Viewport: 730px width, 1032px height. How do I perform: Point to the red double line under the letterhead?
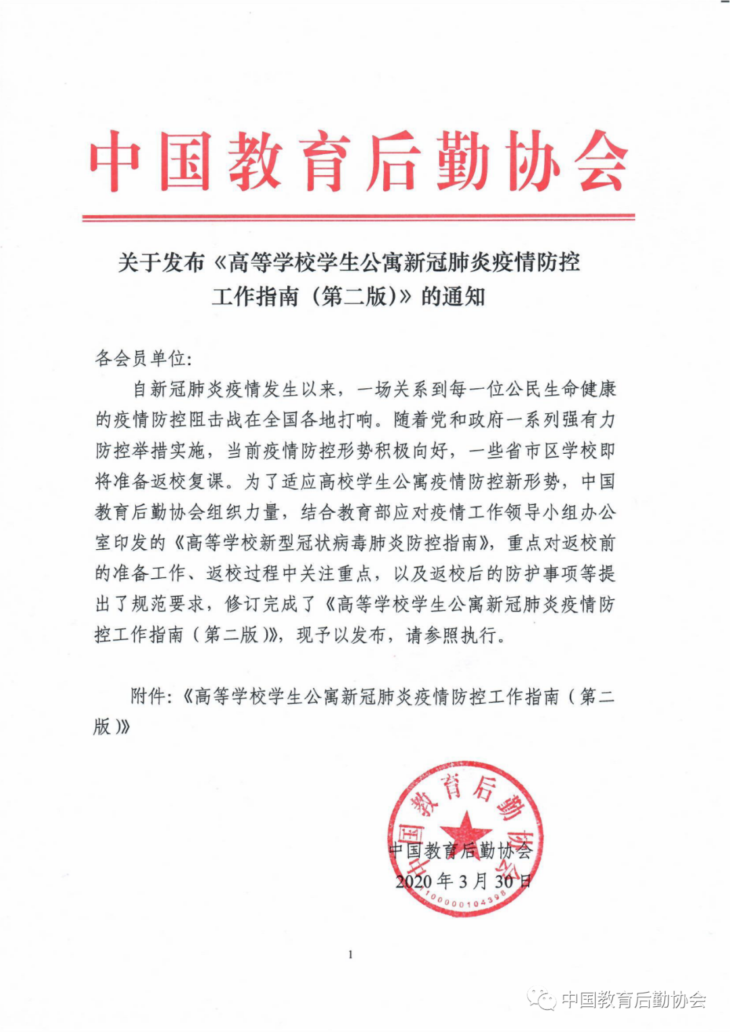pyautogui.click(x=358, y=217)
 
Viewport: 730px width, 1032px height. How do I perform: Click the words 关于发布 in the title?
pyautogui.click(x=161, y=262)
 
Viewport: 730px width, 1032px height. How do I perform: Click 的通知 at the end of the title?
pyautogui.click(x=453, y=296)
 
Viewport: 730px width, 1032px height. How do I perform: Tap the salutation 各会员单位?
pyautogui.click(x=143, y=358)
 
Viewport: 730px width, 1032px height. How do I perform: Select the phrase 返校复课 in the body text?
pyautogui.click(x=187, y=481)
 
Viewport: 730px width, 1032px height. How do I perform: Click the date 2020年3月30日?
pyautogui.click(x=464, y=881)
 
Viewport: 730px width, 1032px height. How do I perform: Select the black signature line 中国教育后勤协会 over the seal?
pyautogui.click(x=461, y=851)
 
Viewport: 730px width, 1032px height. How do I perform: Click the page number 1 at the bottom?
pyautogui.click(x=350, y=954)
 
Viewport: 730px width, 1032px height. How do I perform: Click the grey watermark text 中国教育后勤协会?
pyautogui.click(x=634, y=1000)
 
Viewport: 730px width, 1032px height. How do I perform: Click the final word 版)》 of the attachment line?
pyautogui.click(x=111, y=727)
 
